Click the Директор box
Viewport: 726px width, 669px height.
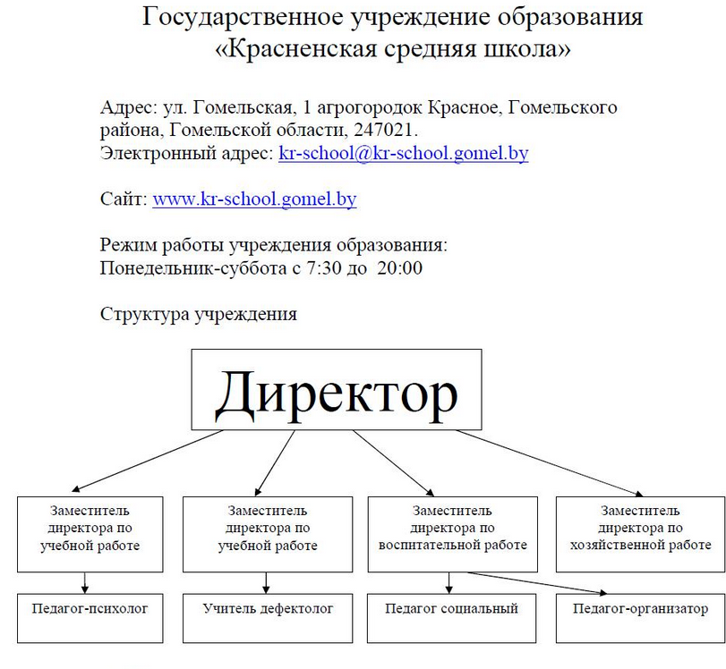(337, 390)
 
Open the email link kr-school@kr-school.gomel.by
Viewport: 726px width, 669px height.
(403, 153)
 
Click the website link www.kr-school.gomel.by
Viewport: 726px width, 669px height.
(254, 199)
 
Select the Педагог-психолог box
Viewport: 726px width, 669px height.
(90, 618)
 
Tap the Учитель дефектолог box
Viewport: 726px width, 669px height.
(268, 618)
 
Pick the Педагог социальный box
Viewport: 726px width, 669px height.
(451, 618)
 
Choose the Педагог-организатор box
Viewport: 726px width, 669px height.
(641, 618)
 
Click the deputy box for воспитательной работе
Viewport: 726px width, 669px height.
(452, 534)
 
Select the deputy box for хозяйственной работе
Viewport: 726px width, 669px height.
(641, 534)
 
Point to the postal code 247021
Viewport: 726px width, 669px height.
(383, 130)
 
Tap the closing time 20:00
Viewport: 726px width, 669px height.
(399, 268)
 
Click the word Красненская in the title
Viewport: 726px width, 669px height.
(303, 48)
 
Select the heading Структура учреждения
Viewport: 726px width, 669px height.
(198, 314)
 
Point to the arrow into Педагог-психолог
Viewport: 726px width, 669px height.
(85, 583)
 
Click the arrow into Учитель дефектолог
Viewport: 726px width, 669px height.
(266, 583)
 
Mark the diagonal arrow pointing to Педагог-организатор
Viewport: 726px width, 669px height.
(536, 583)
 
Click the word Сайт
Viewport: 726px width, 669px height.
(124, 199)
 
